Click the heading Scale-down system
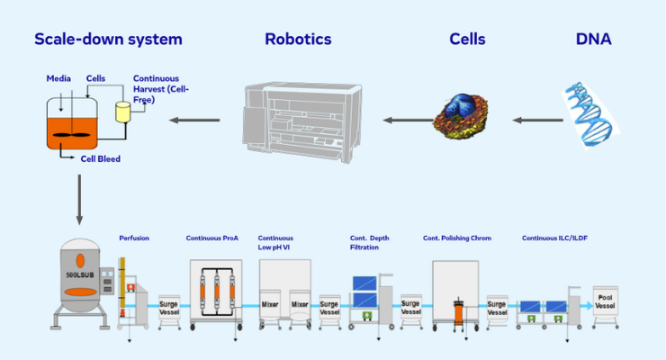pyautogui.click(x=108, y=39)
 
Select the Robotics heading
pyautogui.click(x=298, y=39)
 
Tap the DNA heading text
pyautogui.click(x=593, y=39)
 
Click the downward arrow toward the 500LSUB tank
pyautogui.click(x=79, y=199)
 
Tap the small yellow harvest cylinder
pyautogui.click(x=122, y=112)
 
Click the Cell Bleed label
pyautogui.click(x=100, y=159)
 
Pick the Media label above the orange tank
pyautogui.click(x=58, y=78)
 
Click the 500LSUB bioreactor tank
pyautogui.click(x=82, y=274)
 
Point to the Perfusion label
pyautogui.click(x=134, y=238)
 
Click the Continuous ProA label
pyautogui.click(x=212, y=238)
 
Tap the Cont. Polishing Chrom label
pyautogui.click(x=456, y=238)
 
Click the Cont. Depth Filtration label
pyautogui.click(x=370, y=242)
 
